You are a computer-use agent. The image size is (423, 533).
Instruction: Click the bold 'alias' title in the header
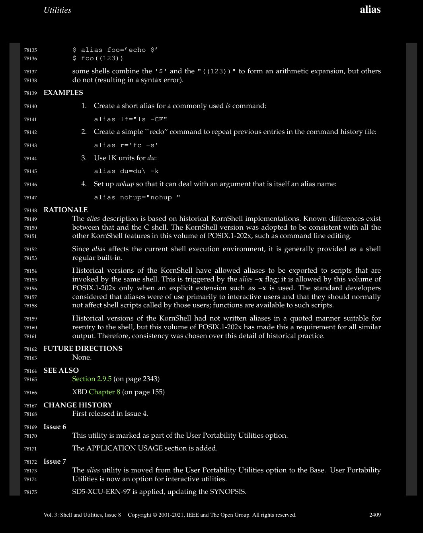point(370,10)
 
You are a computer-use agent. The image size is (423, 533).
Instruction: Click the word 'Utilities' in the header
point(57,10)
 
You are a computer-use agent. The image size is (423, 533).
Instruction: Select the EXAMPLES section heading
point(63,92)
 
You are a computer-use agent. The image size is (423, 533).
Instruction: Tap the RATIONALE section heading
point(66,210)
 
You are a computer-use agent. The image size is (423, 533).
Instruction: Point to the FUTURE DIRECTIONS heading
point(83,348)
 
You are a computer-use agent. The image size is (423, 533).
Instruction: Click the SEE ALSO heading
point(61,370)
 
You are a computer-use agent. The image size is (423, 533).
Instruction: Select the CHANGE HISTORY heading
point(78,405)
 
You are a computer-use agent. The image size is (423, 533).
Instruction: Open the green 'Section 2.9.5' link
point(92,379)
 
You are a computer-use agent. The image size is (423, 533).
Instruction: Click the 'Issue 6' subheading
point(55,427)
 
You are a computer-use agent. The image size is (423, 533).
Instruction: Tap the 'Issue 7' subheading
point(55,461)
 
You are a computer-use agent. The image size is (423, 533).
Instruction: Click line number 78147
point(30,198)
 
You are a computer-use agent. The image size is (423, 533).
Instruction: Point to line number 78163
point(30,358)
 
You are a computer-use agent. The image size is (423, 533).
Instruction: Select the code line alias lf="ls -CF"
point(131,119)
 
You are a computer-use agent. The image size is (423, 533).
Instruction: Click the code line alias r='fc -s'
point(126,145)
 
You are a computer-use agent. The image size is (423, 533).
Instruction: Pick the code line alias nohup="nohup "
point(137,197)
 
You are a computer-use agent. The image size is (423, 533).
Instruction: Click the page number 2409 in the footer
point(375,515)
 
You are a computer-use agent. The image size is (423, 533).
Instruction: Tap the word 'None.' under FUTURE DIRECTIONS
point(82,357)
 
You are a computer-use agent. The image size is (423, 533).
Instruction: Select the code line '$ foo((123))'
point(98,59)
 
